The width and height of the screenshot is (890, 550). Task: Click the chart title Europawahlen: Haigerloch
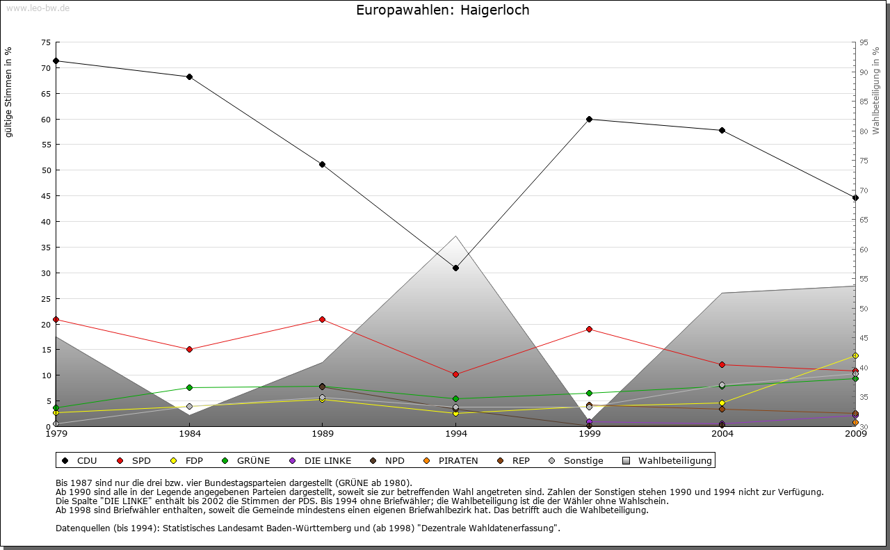[x=442, y=10]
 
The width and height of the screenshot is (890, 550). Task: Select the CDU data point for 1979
[x=56, y=60]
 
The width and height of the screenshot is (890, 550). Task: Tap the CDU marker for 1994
[x=455, y=268]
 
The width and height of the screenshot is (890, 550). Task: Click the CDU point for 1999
[x=589, y=119]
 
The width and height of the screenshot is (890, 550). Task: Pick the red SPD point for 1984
[x=189, y=349]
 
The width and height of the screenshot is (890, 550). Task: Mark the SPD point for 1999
[x=589, y=329]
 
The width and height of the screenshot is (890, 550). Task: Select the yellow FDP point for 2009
[x=855, y=356]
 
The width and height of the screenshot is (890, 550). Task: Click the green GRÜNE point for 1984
[x=189, y=387]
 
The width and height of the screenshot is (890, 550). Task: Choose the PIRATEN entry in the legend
[x=452, y=460]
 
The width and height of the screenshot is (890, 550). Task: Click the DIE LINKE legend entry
[x=321, y=460]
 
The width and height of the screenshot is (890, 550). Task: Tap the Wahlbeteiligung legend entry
[x=667, y=460]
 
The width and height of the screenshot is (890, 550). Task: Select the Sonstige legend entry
[x=576, y=460]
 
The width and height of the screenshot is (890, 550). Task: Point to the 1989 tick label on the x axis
[x=323, y=435]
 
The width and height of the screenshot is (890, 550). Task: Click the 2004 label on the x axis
[x=722, y=435]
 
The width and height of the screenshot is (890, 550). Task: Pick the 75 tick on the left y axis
[x=45, y=42]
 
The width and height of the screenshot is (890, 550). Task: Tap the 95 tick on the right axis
[x=864, y=42]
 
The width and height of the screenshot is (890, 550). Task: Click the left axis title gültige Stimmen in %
[x=9, y=92]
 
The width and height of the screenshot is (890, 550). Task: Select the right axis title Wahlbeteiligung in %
[x=876, y=90]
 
